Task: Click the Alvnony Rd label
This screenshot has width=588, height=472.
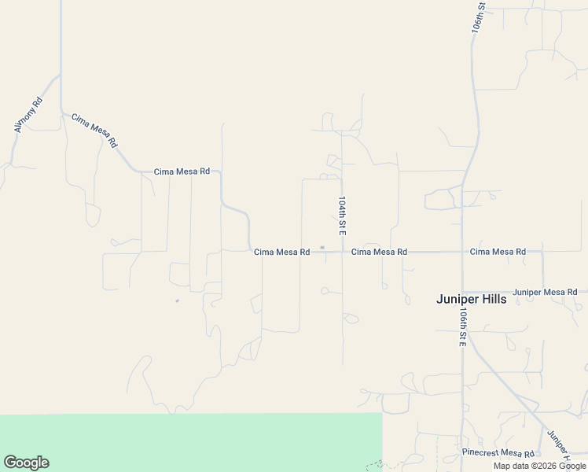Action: tap(28, 115)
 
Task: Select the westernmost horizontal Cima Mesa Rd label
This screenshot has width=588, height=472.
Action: tap(182, 171)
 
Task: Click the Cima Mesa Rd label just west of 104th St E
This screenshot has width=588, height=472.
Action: tap(281, 252)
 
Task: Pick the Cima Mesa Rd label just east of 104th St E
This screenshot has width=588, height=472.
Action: tap(379, 252)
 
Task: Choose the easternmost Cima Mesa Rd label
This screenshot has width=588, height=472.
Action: tap(498, 252)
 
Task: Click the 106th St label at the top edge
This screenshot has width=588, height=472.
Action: tap(480, 17)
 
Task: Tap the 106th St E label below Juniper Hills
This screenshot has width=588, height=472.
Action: tap(463, 326)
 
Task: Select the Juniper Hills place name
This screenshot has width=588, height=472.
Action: tap(471, 299)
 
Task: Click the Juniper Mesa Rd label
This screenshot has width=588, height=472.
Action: tap(546, 292)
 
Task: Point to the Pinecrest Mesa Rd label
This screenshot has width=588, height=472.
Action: tap(498, 453)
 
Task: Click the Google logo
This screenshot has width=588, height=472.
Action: tap(26, 463)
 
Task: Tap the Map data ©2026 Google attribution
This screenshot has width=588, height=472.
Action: tap(540, 466)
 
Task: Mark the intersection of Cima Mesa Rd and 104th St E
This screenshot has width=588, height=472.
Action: tap(342, 252)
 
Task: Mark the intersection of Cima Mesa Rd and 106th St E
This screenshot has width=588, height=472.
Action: tap(462, 252)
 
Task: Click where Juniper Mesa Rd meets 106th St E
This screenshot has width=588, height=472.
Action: tap(462, 292)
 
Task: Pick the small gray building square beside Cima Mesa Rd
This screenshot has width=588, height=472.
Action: tap(322, 247)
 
